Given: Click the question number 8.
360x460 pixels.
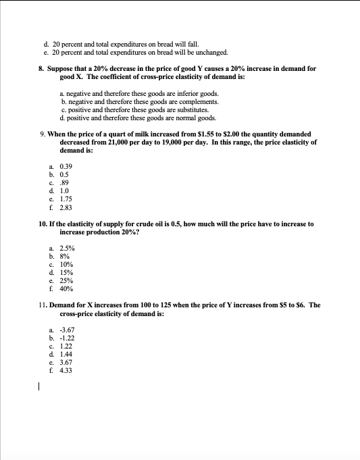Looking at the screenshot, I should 41,69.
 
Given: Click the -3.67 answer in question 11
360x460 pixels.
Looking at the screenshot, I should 67,329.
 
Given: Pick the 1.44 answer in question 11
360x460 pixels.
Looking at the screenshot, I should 66,353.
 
